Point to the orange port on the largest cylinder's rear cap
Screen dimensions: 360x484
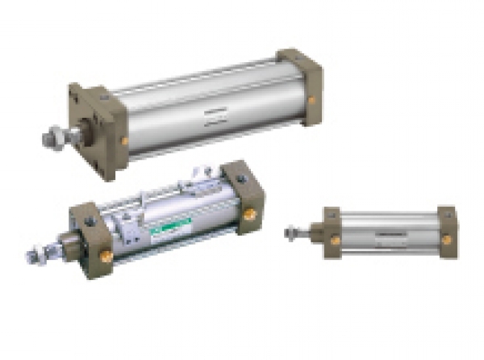[311, 101]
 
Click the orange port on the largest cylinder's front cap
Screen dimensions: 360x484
[124, 141]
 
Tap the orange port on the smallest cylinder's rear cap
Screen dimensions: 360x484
[446, 239]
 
